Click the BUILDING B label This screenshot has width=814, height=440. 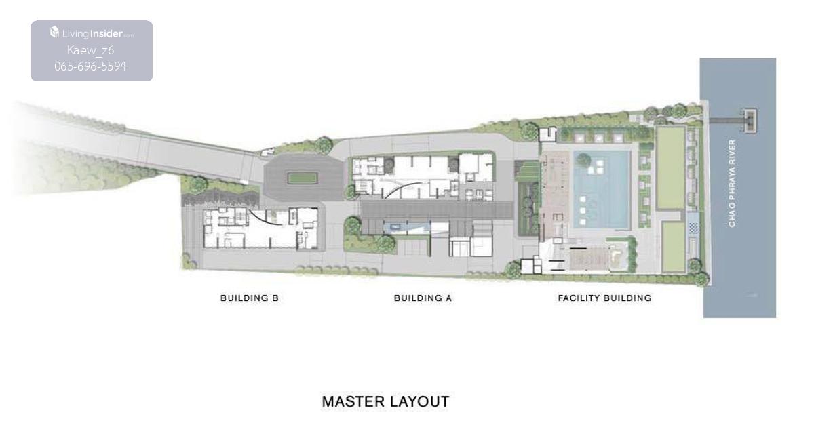pyautogui.click(x=250, y=298)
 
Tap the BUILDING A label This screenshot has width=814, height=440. pyautogui.click(x=423, y=298)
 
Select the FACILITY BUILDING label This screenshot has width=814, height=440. pyautogui.click(x=605, y=298)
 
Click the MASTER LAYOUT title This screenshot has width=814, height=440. pyautogui.click(x=385, y=401)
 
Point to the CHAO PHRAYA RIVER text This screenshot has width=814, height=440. pyautogui.click(x=732, y=184)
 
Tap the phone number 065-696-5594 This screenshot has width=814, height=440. pyautogui.click(x=90, y=66)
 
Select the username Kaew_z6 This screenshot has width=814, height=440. pyautogui.click(x=90, y=50)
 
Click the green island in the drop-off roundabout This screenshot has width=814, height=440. pyautogui.click(x=303, y=178)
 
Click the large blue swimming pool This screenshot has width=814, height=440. pyautogui.click(x=602, y=190)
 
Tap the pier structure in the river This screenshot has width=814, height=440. pyautogui.click(x=750, y=120)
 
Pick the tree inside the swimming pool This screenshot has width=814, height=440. pyautogui.click(x=583, y=159)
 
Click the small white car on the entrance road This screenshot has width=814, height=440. pyautogui.click(x=267, y=153)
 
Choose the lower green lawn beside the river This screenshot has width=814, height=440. pyautogui.click(x=674, y=247)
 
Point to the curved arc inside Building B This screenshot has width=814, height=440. pyautogui.click(x=264, y=218)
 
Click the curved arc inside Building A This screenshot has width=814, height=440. pyautogui.click(x=400, y=189)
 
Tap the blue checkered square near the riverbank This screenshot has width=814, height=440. pyautogui.click(x=693, y=228)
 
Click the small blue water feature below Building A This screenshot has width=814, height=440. pyautogui.click(x=395, y=227)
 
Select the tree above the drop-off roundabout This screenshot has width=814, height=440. pyautogui.click(x=324, y=145)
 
